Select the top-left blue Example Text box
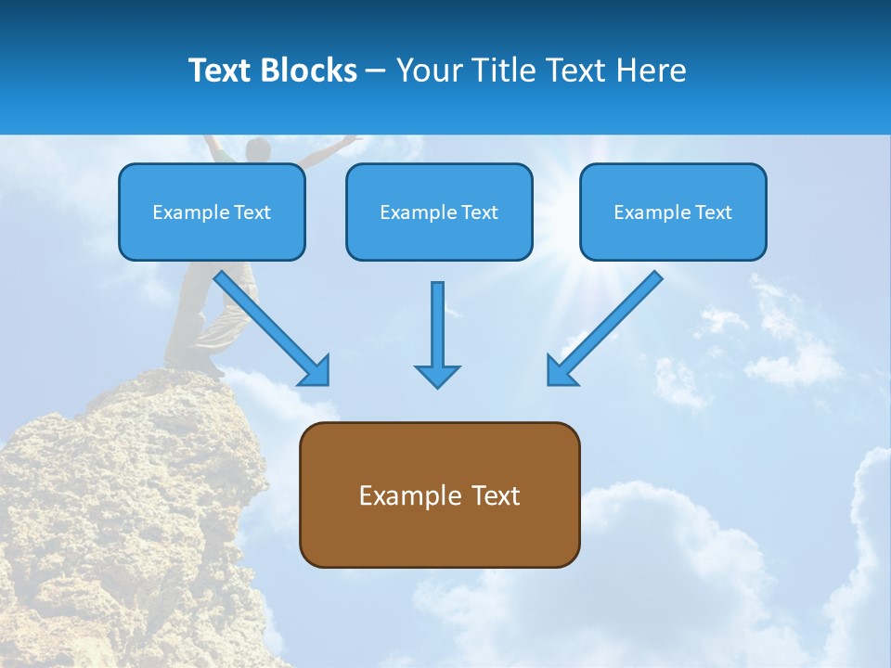pos(212,212)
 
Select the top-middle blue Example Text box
pos(439,212)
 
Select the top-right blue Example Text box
pos(673,212)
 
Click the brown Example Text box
pos(439,495)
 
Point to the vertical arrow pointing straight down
pos(437,325)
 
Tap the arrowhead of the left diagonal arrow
pos(316,371)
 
